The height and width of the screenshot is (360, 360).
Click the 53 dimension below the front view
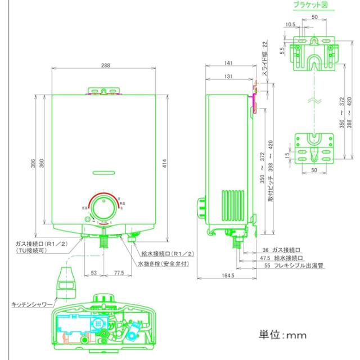pos(93,273)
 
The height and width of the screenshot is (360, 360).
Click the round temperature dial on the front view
pos(103,210)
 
